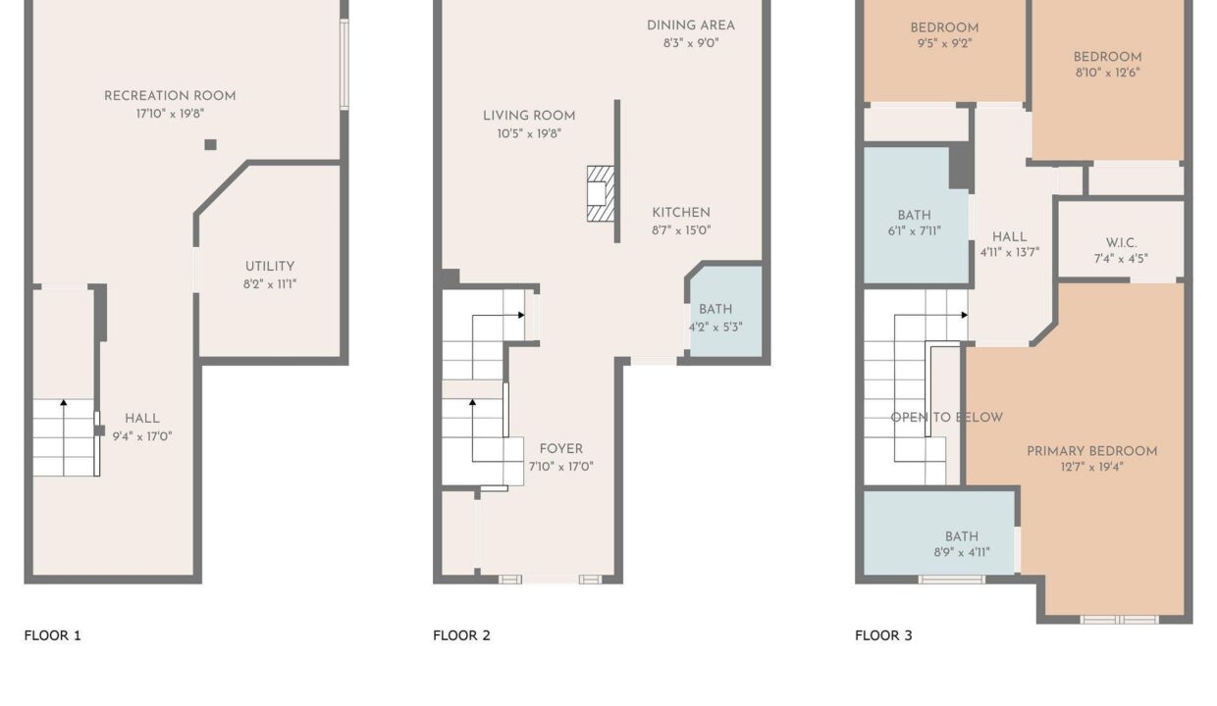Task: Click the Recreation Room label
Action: [x=170, y=96]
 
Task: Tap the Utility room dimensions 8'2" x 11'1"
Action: [x=270, y=284]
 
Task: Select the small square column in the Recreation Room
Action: [x=210, y=144]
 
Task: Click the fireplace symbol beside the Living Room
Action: [x=601, y=194]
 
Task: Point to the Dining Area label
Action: [x=691, y=25]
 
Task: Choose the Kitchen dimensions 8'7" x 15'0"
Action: [x=681, y=230]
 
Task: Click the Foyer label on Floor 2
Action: [x=560, y=449]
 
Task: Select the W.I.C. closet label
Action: [x=1121, y=243]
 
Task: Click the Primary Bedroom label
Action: [x=1091, y=451]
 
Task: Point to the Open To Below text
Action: [x=946, y=418]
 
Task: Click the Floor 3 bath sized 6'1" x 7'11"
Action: [x=915, y=216]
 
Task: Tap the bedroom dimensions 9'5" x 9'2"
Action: [x=944, y=43]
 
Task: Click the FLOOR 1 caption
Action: [x=53, y=635]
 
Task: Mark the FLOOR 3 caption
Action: [x=883, y=635]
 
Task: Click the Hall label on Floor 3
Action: [x=1010, y=237]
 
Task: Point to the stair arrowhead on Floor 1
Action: [x=64, y=402]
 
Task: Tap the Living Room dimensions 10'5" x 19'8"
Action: [x=529, y=133]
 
